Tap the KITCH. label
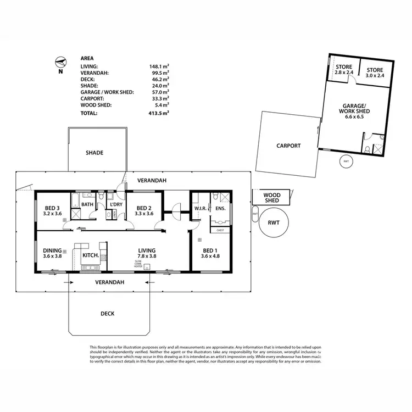[90, 255]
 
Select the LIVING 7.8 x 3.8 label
[147, 253]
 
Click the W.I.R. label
[199, 209]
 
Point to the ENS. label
[220, 209]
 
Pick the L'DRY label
[116, 205]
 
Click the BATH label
[87, 205]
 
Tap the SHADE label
[94, 153]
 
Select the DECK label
[108, 314]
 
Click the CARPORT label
[288, 146]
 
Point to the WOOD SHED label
[271, 197]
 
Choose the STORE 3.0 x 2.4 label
[375, 72]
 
